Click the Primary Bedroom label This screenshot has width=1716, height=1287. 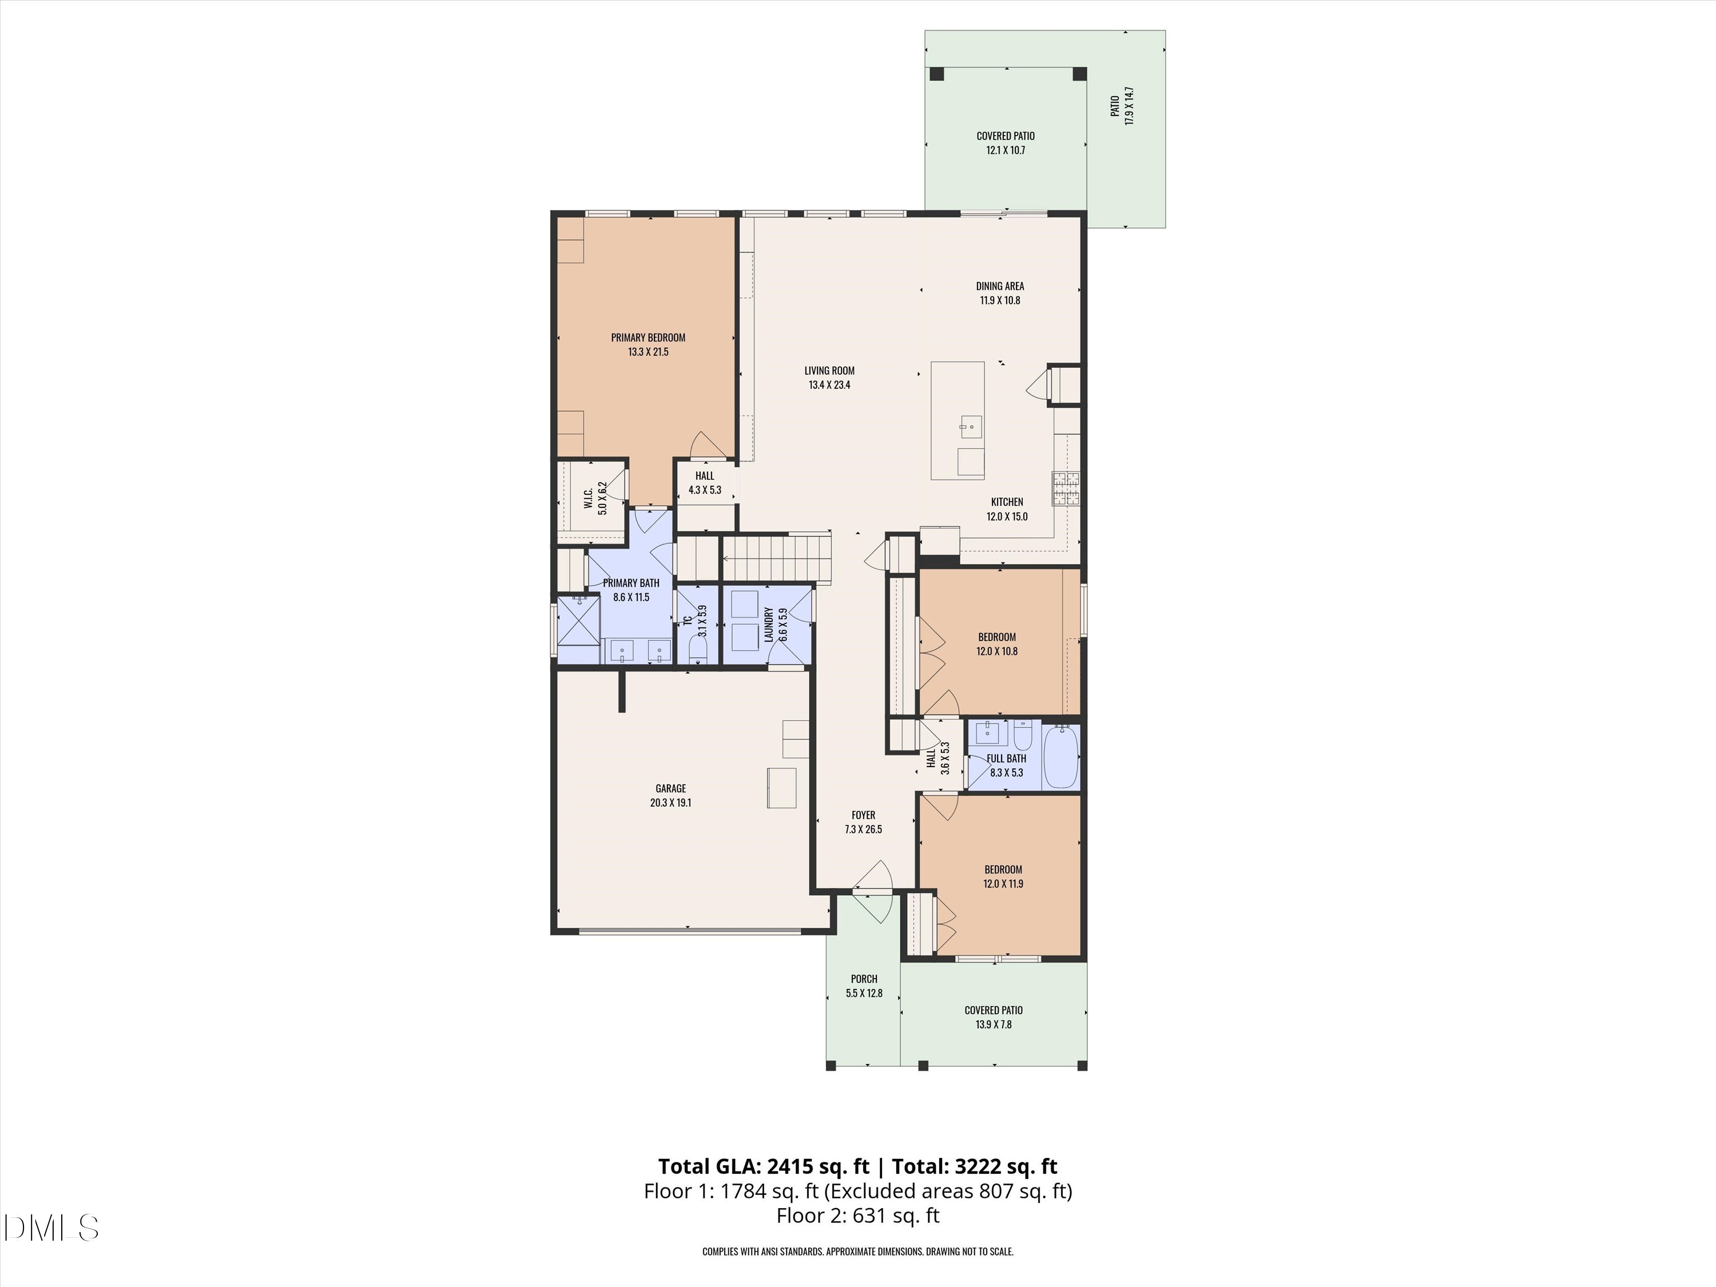(648, 337)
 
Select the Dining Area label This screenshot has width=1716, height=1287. (1000, 286)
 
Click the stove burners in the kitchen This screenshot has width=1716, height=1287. (1066, 488)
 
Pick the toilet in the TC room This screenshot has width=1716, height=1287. (698, 649)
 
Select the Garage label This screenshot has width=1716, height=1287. (670, 789)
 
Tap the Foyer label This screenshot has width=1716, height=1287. (863, 815)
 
